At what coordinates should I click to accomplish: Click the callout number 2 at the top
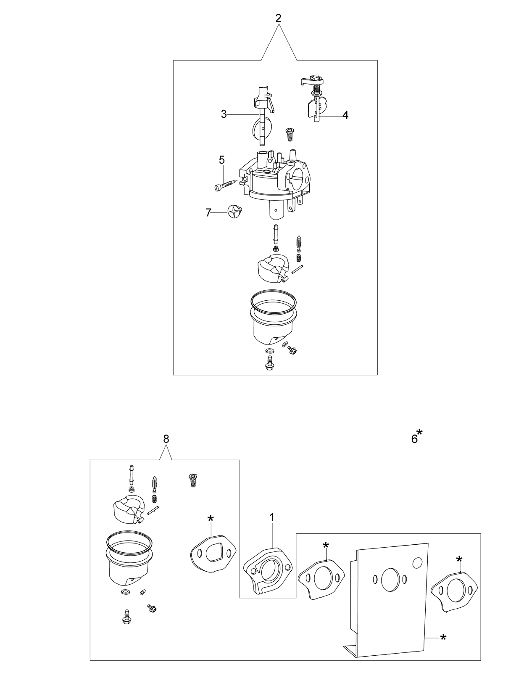278,18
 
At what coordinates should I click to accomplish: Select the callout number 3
224,114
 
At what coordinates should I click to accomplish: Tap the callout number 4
345,115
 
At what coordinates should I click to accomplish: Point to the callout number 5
222,160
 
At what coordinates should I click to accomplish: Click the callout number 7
208,212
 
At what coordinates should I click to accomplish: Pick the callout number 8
166,439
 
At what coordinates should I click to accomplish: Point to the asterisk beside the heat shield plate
443,636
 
